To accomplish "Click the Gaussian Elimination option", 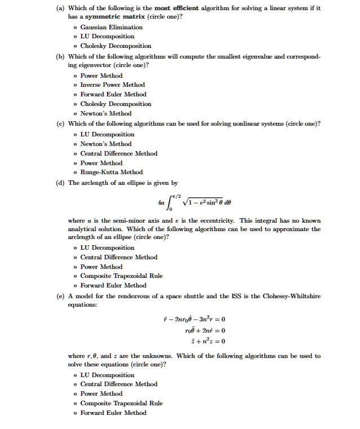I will (111, 27).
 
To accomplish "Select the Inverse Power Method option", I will (112, 85).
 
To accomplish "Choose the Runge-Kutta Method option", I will (111, 172).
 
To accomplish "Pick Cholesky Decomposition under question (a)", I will (115, 46).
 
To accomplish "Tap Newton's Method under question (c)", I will (106, 144).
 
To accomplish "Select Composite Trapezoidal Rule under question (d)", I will (121, 276).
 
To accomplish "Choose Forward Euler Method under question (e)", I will (113, 413).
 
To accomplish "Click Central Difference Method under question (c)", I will (118, 153).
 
